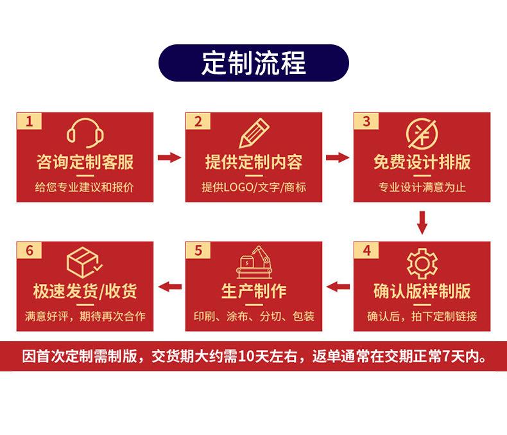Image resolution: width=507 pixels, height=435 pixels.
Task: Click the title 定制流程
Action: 253,62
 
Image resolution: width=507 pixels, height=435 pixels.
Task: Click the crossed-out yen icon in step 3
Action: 422,133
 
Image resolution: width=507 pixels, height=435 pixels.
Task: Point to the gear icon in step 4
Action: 422,262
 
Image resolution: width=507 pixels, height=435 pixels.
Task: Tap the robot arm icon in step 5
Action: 253,262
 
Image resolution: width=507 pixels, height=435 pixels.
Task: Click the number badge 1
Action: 30,121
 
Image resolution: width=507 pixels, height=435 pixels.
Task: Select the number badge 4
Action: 366,251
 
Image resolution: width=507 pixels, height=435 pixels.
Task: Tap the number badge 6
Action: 30,251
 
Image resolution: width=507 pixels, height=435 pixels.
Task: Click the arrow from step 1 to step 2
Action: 169,157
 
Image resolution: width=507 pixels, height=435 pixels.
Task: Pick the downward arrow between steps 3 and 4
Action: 422,222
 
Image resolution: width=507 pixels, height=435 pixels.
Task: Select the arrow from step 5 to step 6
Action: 169,287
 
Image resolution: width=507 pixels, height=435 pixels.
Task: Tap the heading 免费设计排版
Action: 422,162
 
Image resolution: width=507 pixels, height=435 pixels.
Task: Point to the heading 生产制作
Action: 253,291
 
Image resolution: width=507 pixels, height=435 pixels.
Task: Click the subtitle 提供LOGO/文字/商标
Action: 253,188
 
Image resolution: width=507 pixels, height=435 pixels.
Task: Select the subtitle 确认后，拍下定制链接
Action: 422,317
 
